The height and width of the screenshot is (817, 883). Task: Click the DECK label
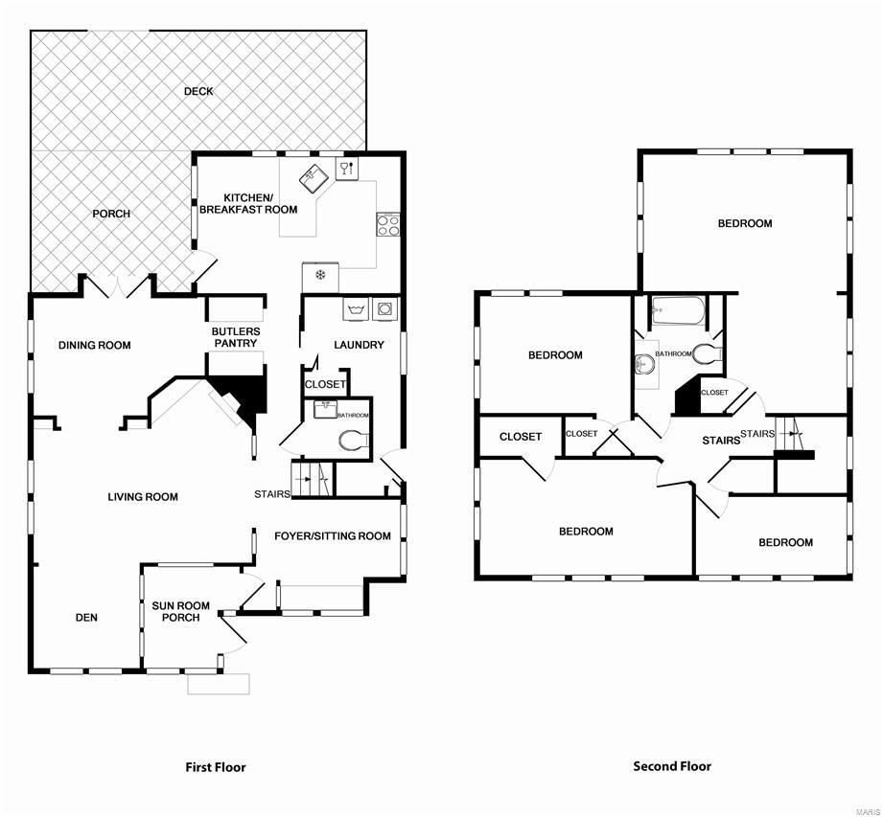(x=199, y=92)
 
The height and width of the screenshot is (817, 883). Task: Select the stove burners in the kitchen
(x=388, y=225)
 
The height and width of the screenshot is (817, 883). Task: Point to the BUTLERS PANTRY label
(x=236, y=337)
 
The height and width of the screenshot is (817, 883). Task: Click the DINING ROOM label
(x=94, y=346)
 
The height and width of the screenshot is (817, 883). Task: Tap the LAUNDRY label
(x=359, y=345)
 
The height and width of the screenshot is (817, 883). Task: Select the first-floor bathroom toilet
(x=354, y=441)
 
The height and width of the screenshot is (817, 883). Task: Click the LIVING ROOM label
(x=143, y=497)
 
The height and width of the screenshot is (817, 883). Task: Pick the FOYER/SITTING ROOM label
(x=333, y=536)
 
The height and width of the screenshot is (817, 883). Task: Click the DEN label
(x=86, y=618)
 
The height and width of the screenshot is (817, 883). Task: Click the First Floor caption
(x=215, y=767)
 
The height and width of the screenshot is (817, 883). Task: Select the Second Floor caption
(x=672, y=766)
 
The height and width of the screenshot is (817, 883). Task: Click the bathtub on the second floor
(x=677, y=310)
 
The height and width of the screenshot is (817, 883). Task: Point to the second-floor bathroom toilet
(x=707, y=354)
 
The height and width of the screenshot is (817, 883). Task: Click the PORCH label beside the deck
(x=111, y=214)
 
